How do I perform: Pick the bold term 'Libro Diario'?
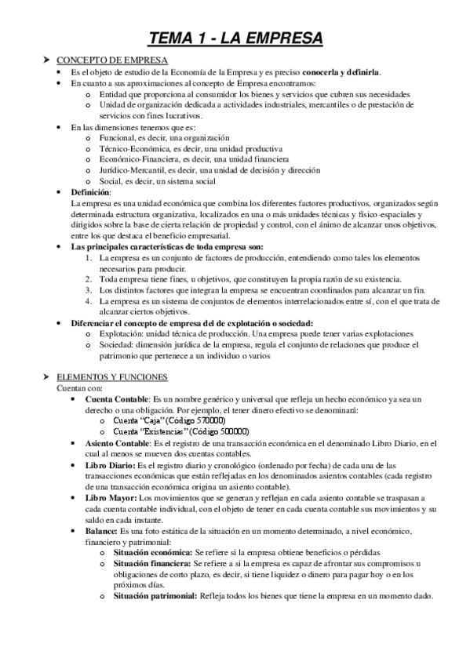click(109, 466)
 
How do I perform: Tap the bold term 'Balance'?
click(102, 531)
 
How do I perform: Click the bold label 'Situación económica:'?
click(152, 553)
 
